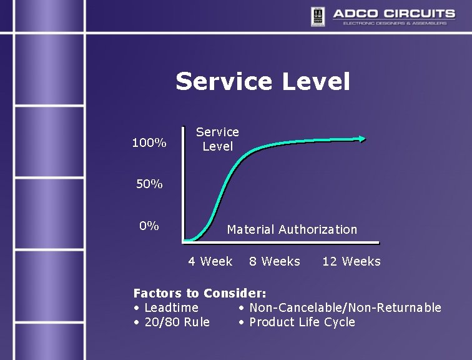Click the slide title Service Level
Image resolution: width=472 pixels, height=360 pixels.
263,82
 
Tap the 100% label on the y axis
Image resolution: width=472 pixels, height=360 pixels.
149,143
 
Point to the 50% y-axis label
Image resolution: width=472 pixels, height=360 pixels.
149,184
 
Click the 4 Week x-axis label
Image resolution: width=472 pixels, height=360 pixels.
210,261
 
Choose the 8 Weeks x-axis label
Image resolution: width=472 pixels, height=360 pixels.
275,261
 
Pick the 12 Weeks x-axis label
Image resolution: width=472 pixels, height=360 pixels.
352,261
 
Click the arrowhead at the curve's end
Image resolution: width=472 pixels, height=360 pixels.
363,139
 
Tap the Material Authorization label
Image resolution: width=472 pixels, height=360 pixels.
292,229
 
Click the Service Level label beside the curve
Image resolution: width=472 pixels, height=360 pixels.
217,139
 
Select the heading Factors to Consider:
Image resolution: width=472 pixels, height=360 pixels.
200,292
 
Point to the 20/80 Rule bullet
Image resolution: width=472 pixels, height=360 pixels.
172,322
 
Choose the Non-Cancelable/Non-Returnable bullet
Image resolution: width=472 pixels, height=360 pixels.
340,307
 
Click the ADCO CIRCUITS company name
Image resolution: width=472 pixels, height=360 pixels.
393,13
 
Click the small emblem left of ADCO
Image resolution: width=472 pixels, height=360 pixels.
317,15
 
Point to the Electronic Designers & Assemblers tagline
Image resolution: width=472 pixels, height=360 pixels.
395,24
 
